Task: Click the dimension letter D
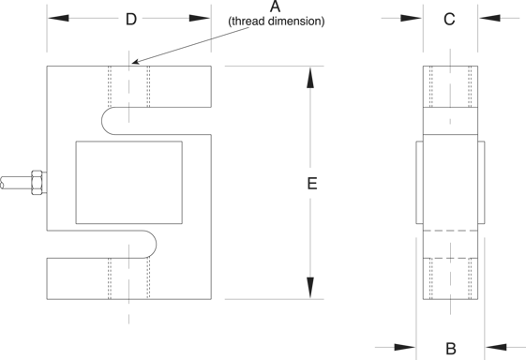pos(131,19)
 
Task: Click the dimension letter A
pos(275,7)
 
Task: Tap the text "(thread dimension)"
pos(277,22)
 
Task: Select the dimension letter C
pos(449,19)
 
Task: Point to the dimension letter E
pos(312,184)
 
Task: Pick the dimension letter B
pos(451,349)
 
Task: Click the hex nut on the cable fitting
pos(37,183)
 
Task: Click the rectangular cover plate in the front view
pos(129,182)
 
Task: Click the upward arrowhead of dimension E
pos(310,78)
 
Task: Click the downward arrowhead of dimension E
pos(310,288)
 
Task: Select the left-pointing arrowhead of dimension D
pos(58,18)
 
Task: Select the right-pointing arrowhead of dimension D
pos(200,18)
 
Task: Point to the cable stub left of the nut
pos(16,183)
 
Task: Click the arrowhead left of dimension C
pos(411,18)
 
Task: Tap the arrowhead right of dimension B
pos(496,348)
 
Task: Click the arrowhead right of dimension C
pos(489,18)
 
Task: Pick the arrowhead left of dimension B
pos(404,348)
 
